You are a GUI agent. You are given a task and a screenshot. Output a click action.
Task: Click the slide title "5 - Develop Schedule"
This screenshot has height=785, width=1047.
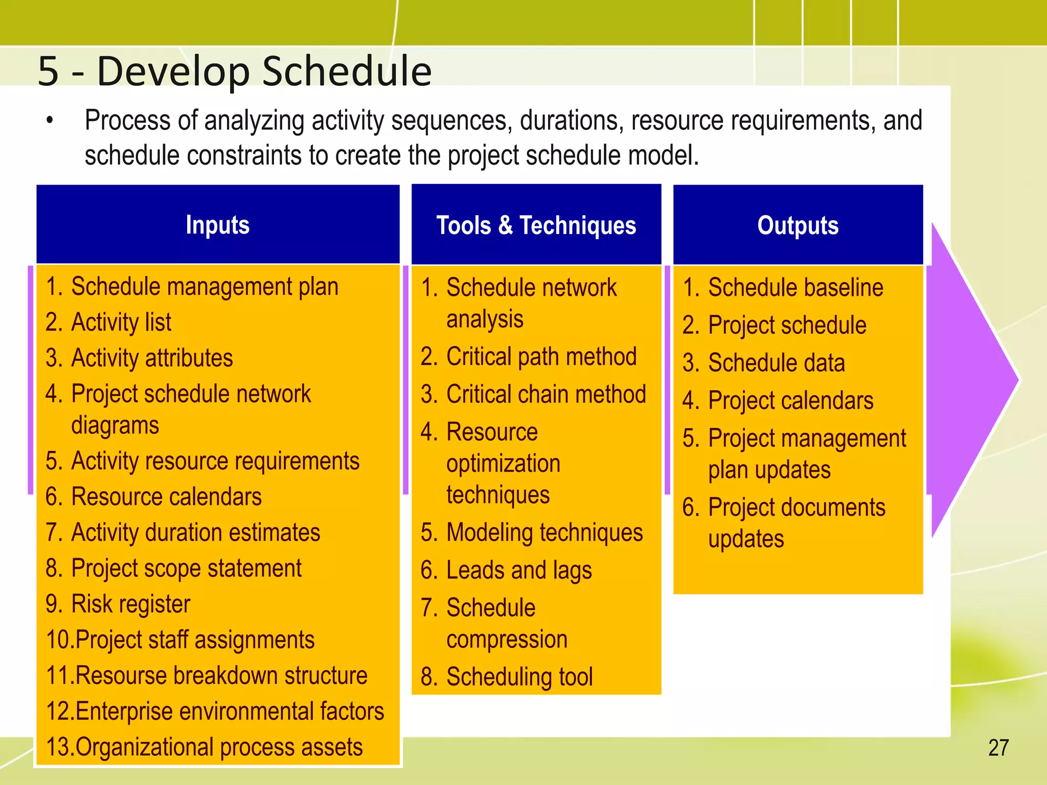point(235,71)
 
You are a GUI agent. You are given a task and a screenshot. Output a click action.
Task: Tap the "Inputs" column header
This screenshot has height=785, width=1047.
point(218,225)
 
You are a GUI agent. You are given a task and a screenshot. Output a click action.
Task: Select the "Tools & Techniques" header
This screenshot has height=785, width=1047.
point(536,225)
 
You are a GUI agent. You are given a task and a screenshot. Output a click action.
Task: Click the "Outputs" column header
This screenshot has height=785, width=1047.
point(798,225)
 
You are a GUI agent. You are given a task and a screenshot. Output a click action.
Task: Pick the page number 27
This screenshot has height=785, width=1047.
point(998,748)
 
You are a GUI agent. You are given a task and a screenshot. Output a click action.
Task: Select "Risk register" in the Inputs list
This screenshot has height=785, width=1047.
point(130,604)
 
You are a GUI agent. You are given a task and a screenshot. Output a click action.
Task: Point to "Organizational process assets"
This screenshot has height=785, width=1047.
point(219,747)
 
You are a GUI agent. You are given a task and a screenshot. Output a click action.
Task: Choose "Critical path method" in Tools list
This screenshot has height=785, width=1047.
point(541,357)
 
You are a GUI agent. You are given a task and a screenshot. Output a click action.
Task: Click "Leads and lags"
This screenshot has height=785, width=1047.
point(518,570)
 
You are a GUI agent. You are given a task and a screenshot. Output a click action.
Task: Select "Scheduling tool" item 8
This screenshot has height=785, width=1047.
point(519,677)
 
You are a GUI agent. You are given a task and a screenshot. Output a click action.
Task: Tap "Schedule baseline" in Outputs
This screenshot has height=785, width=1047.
point(795,288)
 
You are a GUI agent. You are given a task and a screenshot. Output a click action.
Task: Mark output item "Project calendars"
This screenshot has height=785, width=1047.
point(790,401)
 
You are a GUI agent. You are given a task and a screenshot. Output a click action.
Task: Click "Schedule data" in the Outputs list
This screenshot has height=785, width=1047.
point(776,363)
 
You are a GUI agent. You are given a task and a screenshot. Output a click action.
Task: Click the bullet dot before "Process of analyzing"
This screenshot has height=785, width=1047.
point(50,121)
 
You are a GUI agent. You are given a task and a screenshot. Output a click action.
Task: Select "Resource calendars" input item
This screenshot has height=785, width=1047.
point(166,497)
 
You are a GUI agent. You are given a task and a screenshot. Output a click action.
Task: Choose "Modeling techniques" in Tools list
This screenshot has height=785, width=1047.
point(544,533)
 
